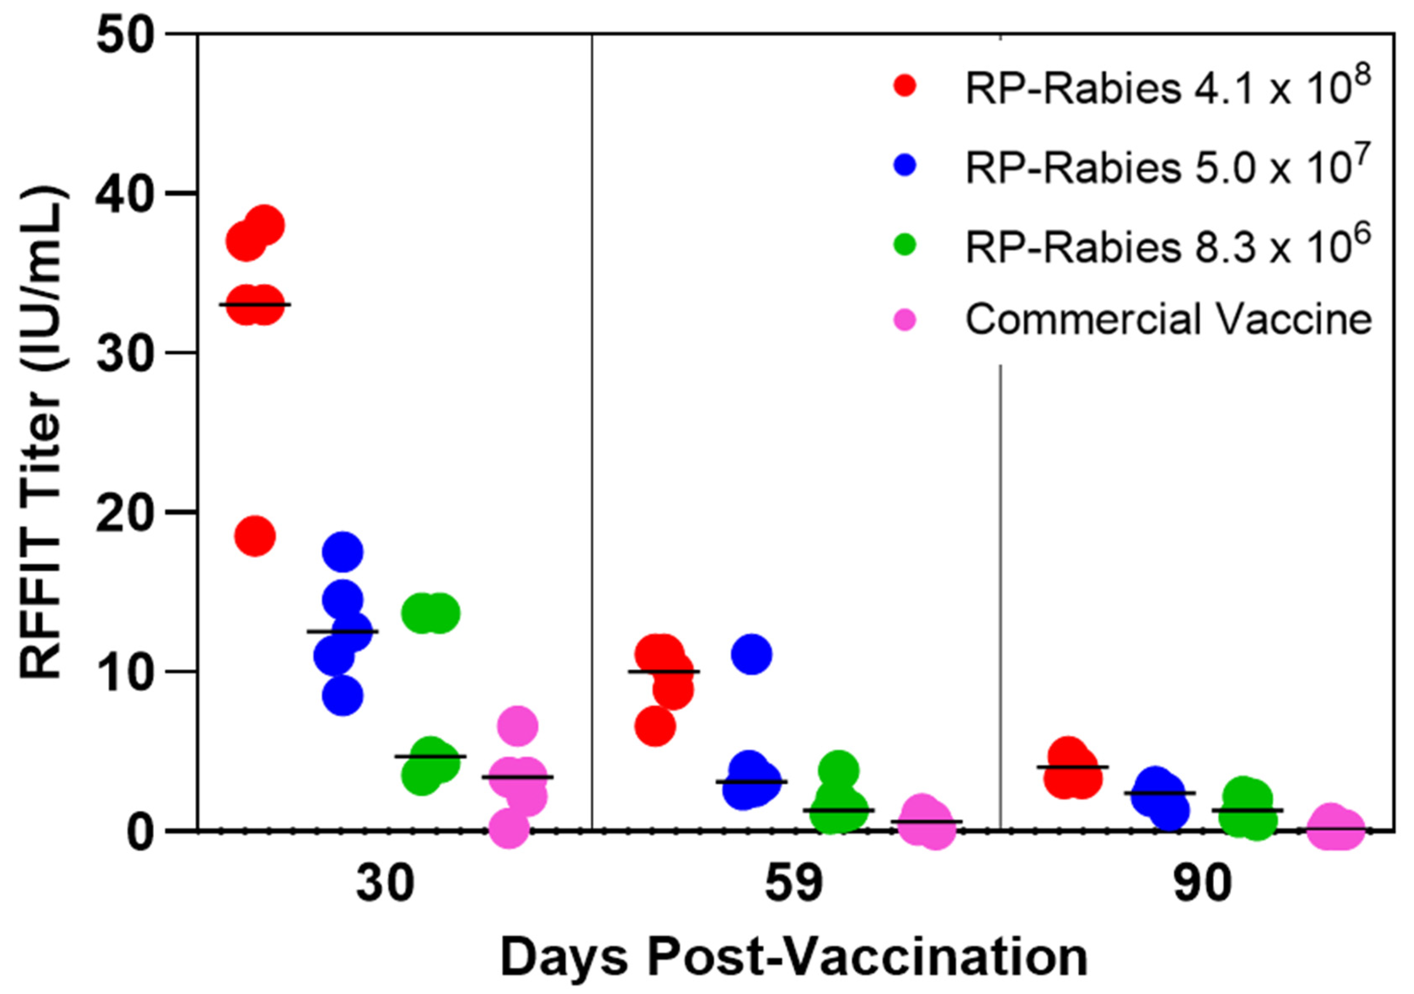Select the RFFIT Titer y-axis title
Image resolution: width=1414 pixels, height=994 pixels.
tap(42, 432)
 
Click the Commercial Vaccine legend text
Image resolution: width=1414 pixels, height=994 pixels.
tap(1168, 320)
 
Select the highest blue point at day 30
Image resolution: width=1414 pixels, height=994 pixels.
tap(343, 551)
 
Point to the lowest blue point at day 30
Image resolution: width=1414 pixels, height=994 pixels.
tap(343, 696)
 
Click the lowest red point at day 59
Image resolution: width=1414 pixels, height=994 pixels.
tap(656, 727)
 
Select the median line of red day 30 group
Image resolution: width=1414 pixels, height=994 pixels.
tap(256, 304)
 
